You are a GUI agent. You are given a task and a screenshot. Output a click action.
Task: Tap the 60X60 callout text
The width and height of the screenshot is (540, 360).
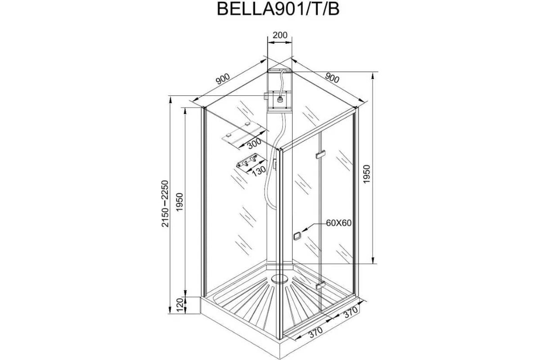click(x=338, y=223)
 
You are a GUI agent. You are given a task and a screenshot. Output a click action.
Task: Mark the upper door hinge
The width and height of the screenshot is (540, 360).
click(x=320, y=155)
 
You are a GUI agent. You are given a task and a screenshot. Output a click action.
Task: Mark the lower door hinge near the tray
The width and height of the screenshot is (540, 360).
click(x=320, y=286)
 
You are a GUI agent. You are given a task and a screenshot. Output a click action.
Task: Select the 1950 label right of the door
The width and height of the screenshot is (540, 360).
click(x=367, y=173)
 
